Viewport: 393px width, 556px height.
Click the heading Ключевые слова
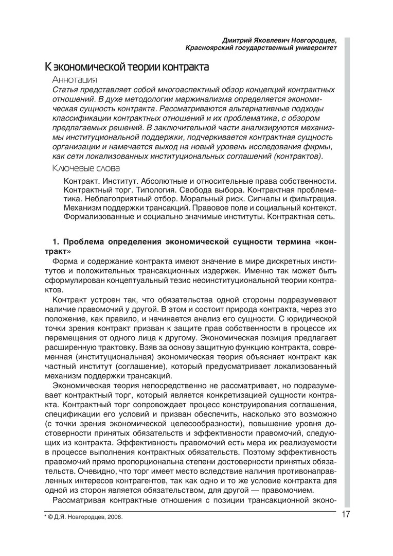(x=86, y=168)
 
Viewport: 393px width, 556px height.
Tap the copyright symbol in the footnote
(x=50, y=517)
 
